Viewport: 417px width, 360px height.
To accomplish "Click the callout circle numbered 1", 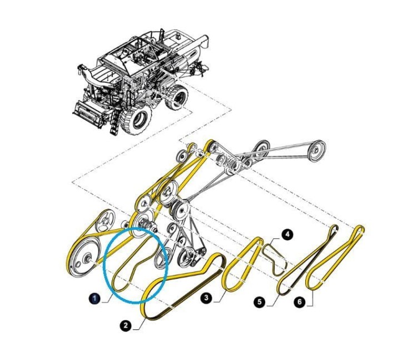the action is pyautogui.click(x=95, y=299).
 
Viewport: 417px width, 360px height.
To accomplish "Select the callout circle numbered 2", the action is pyautogui.click(x=126, y=325).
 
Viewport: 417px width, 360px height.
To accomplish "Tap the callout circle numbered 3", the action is pyautogui.click(x=207, y=298).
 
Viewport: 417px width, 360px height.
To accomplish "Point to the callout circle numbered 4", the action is pyautogui.click(x=287, y=235).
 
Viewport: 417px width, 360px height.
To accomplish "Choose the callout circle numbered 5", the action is pyautogui.click(x=260, y=302).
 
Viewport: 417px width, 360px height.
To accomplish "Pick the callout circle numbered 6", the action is pyautogui.click(x=300, y=302).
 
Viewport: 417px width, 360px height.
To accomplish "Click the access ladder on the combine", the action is pyautogui.click(x=114, y=122).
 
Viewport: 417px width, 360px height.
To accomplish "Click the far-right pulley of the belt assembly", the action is pyautogui.click(x=316, y=150).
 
